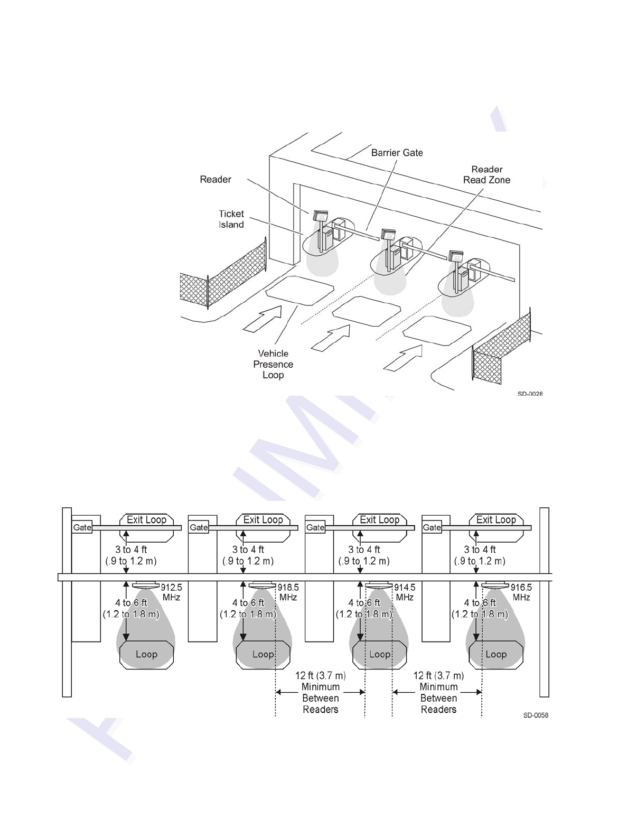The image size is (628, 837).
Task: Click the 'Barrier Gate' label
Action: [397, 153]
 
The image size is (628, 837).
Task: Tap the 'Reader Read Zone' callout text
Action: [486, 174]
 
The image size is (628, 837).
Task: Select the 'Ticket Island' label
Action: [231, 219]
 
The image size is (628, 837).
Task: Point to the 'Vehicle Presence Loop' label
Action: [273, 364]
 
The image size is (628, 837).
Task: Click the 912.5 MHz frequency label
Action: [171, 592]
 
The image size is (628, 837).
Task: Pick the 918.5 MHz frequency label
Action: [288, 592]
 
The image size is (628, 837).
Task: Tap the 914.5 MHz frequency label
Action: [405, 592]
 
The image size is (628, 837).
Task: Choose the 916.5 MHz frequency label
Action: [521, 592]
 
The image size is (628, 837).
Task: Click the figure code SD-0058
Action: [535, 715]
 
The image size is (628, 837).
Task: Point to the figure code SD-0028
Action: [530, 394]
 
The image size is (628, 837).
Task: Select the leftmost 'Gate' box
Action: [82, 527]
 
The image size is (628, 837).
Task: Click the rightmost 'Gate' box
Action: [432, 527]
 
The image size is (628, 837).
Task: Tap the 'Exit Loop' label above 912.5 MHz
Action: [146, 519]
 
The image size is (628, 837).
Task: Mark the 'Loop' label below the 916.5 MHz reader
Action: [496, 654]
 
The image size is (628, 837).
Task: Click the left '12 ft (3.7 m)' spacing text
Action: [321, 675]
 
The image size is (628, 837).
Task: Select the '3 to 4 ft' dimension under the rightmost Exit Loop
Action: [480, 550]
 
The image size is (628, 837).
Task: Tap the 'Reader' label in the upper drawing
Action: [215, 180]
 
